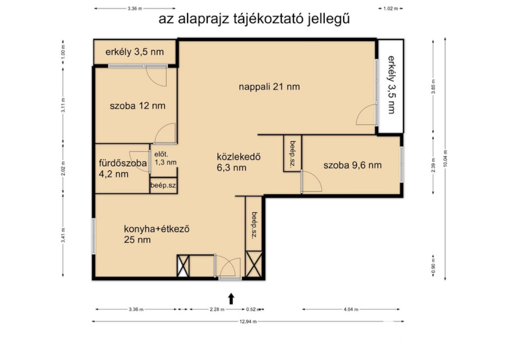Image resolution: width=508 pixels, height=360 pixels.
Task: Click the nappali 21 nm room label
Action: click(269, 87)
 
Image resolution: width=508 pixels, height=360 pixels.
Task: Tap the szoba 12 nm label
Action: click(137, 106)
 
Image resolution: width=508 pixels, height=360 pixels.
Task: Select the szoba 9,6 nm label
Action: click(353, 165)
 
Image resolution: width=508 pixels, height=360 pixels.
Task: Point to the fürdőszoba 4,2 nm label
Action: click(123, 168)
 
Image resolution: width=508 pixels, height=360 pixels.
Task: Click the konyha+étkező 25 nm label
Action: click(156, 234)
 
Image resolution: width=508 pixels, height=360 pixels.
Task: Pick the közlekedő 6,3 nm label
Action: click(239, 162)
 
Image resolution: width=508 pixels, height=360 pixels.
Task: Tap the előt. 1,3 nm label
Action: click(165, 158)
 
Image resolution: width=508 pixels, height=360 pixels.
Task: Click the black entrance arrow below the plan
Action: click(231, 299)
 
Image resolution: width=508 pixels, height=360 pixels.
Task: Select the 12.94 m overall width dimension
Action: click(248, 321)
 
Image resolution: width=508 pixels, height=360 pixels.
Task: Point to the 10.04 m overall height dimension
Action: click(445, 158)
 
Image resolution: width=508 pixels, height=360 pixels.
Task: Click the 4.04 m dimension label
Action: click(351, 309)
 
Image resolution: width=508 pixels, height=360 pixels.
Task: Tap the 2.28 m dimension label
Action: click(217, 309)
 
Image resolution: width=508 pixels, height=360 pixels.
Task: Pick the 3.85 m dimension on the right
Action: click(433, 86)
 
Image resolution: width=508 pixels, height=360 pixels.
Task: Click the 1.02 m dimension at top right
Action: click(391, 9)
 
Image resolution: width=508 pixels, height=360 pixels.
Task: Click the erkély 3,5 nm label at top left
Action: click(134, 52)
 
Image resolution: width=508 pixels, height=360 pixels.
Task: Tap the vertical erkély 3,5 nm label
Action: click(392, 85)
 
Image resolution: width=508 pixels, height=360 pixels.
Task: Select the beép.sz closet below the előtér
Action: click(163, 186)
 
